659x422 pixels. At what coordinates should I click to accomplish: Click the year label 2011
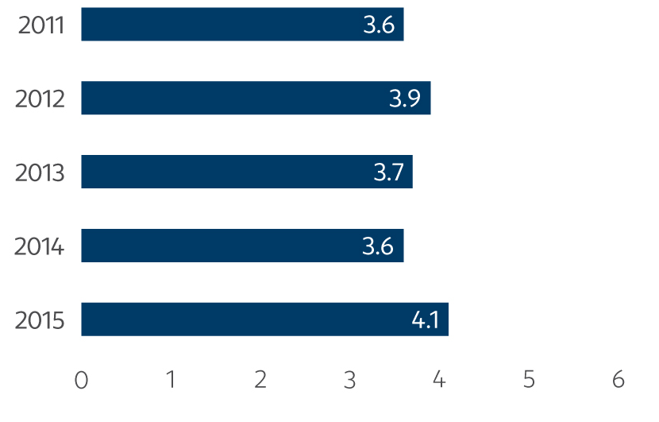[40, 25]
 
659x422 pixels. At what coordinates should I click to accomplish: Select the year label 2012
[40, 99]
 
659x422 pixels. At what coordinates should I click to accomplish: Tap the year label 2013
[40, 172]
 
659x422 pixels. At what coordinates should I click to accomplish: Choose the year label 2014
[40, 246]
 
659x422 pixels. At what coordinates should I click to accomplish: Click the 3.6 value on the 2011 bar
[378, 25]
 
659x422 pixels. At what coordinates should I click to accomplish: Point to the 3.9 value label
[405, 99]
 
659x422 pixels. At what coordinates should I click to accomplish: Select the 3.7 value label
[388, 172]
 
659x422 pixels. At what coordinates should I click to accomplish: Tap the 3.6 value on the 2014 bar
[378, 246]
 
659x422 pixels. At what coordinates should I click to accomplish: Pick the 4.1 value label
[426, 320]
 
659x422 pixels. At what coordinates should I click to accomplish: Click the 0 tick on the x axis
[81, 380]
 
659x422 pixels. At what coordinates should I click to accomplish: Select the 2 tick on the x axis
[260, 380]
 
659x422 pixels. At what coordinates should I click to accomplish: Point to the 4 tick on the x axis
[439, 380]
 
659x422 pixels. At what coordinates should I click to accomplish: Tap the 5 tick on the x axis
[529, 380]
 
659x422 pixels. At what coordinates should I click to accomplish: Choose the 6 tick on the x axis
[619, 380]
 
